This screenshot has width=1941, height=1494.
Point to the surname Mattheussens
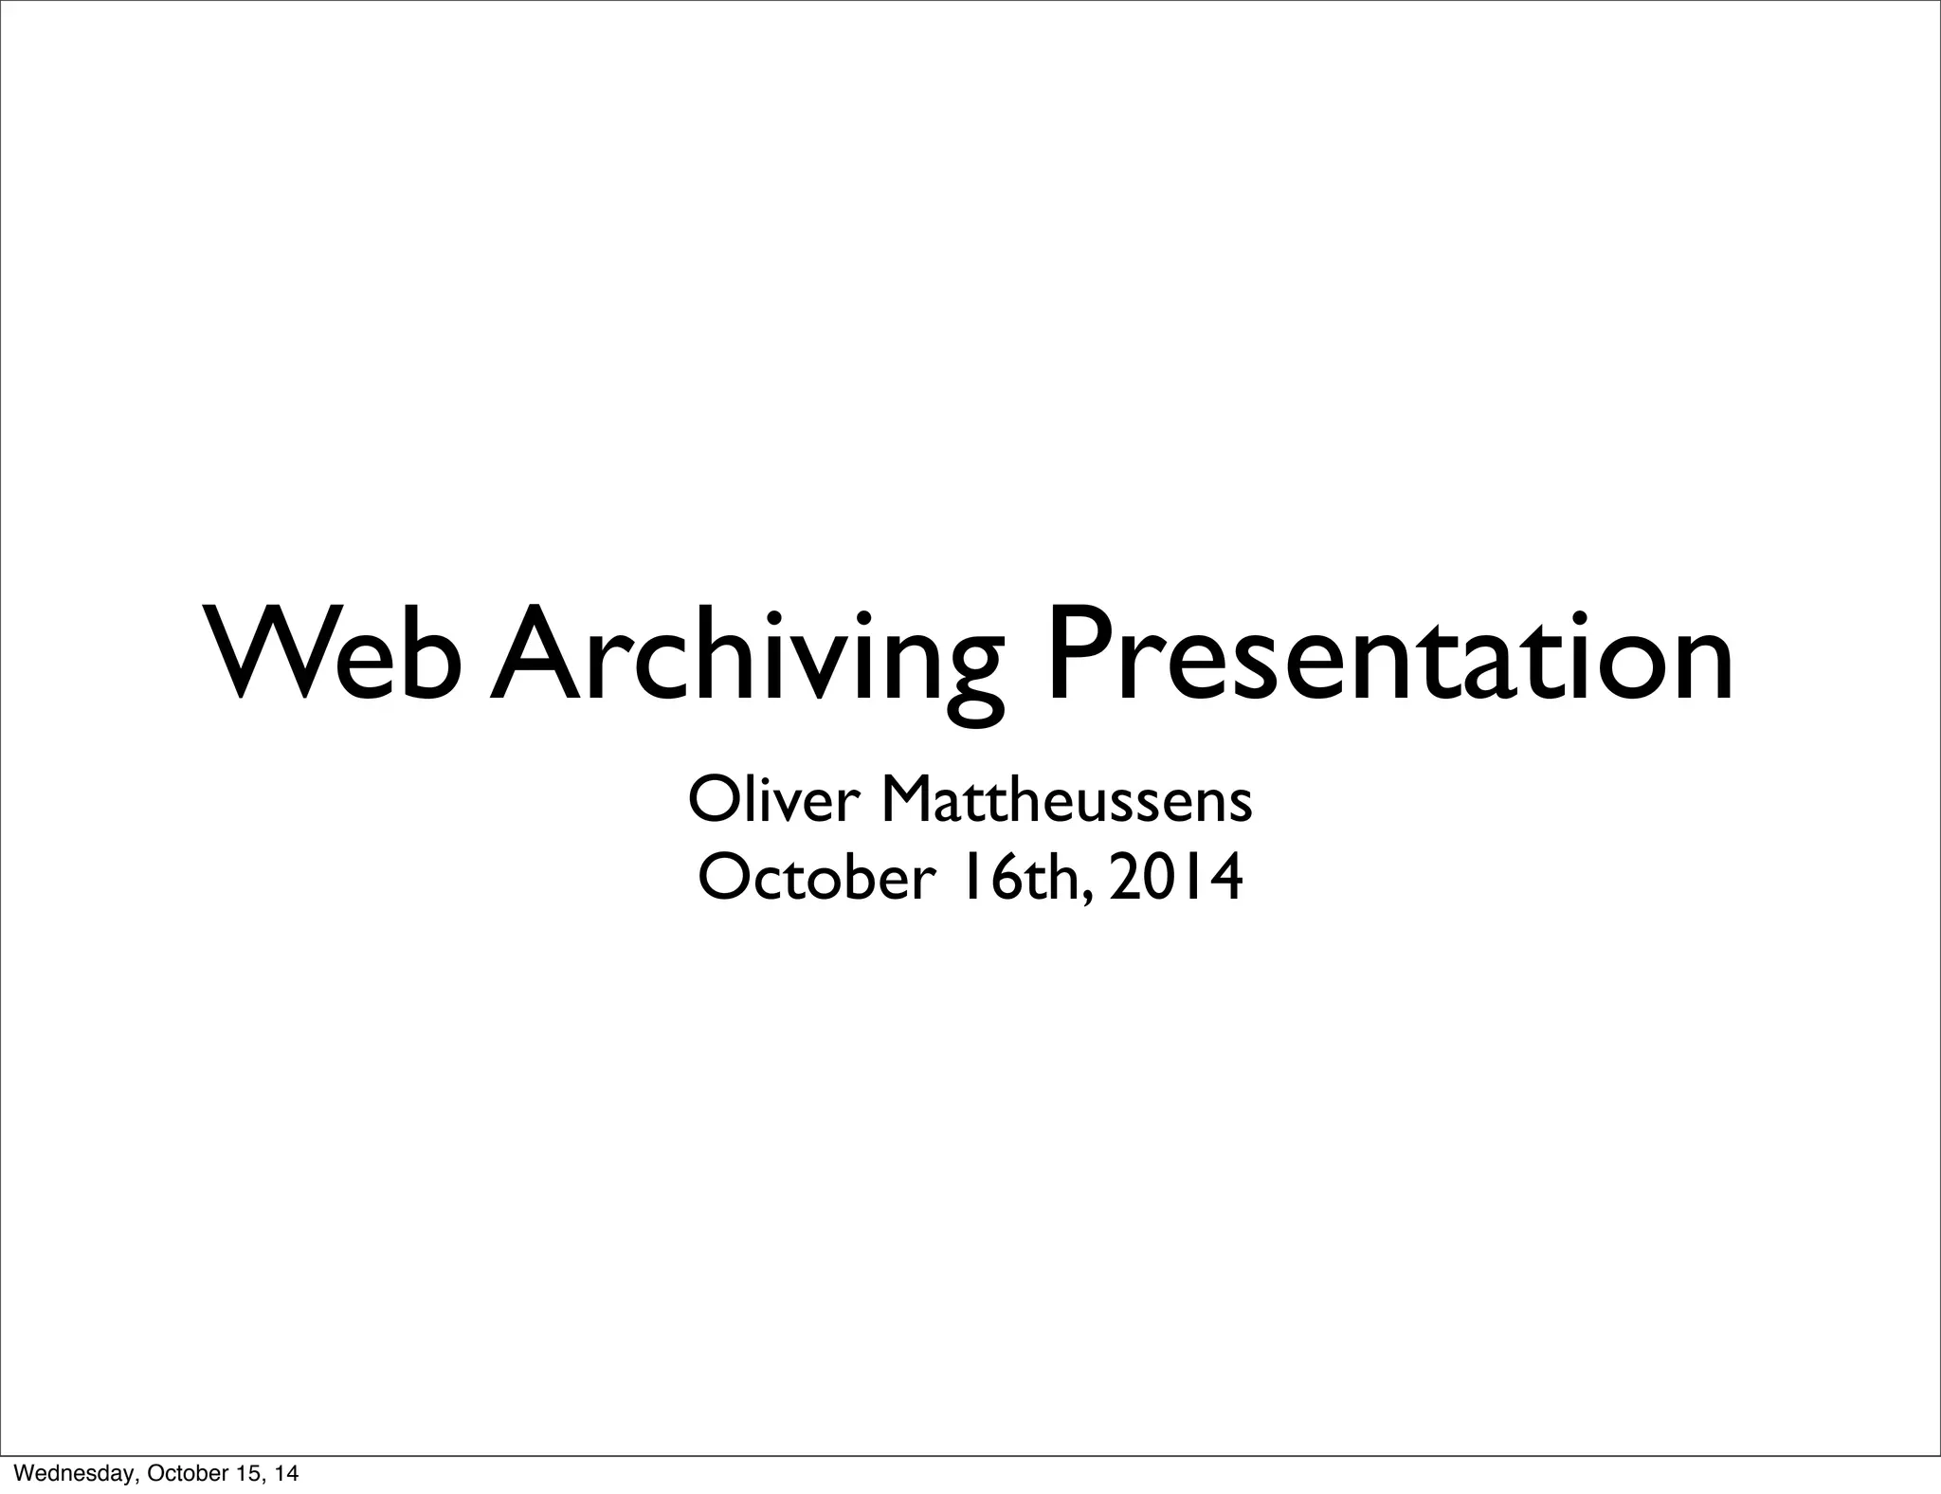(1066, 800)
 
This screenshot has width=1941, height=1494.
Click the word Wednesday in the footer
(64, 1473)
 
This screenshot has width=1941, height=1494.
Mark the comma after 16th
(1087, 896)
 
